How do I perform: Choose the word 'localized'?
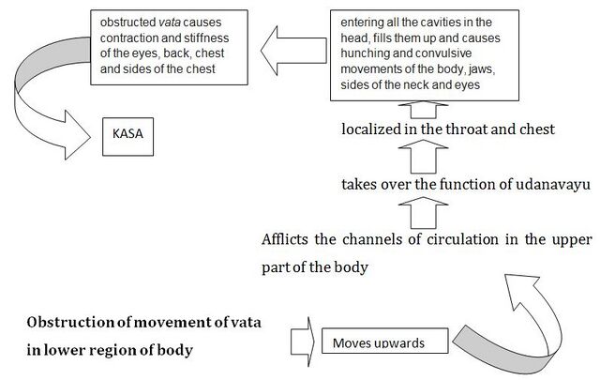point(371,129)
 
